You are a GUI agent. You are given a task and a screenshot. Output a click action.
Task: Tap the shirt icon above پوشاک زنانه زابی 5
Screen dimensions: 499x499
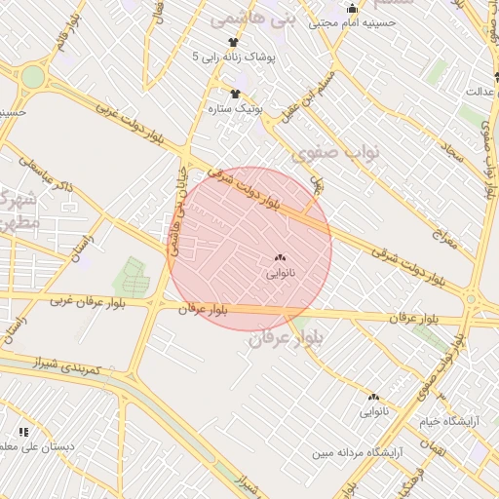233,42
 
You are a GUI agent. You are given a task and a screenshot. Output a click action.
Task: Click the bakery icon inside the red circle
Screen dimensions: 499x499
282,258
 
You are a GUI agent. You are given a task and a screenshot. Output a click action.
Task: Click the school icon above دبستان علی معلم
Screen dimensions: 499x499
23,432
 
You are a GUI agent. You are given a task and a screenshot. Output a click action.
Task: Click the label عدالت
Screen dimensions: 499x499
479,92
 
